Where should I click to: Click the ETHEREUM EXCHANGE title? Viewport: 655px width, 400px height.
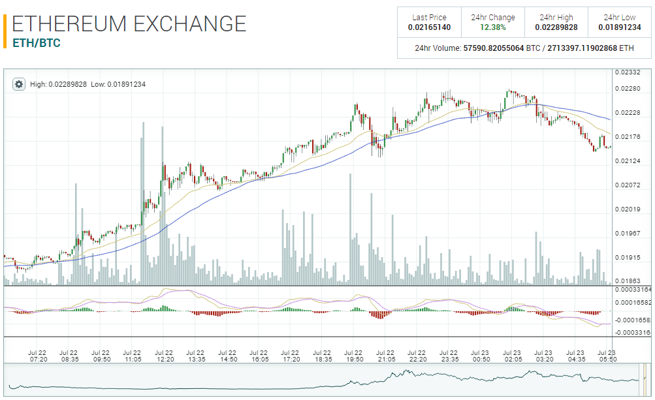pyautogui.click(x=129, y=24)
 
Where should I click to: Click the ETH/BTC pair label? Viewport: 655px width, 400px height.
pyautogui.click(x=37, y=43)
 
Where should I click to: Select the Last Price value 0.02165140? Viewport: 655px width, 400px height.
pyautogui.click(x=429, y=27)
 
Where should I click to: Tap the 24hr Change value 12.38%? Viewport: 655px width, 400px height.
pyautogui.click(x=493, y=27)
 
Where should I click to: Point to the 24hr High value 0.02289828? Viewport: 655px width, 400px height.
pyautogui.click(x=556, y=27)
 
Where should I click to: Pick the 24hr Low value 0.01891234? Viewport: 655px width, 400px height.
pyautogui.click(x=620, y=27)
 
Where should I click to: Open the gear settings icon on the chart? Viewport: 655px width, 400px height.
pyautogui.click(x=18, y=84)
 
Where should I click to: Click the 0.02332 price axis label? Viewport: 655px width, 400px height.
pyautogui.click(x=631, y=72)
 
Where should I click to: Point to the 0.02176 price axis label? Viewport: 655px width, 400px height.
pyautogui.click(x=631, y=137)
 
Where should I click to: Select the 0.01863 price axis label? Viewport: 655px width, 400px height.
pyautogui.click(x=631, y=281)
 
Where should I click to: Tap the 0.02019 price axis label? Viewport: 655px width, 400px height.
pyautogui.click(x=631, y=209)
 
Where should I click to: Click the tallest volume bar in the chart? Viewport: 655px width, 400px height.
pyautogui.click(x=143, y=203)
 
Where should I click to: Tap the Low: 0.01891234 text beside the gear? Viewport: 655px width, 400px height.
pyautogui.click(x=118, y=84)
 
